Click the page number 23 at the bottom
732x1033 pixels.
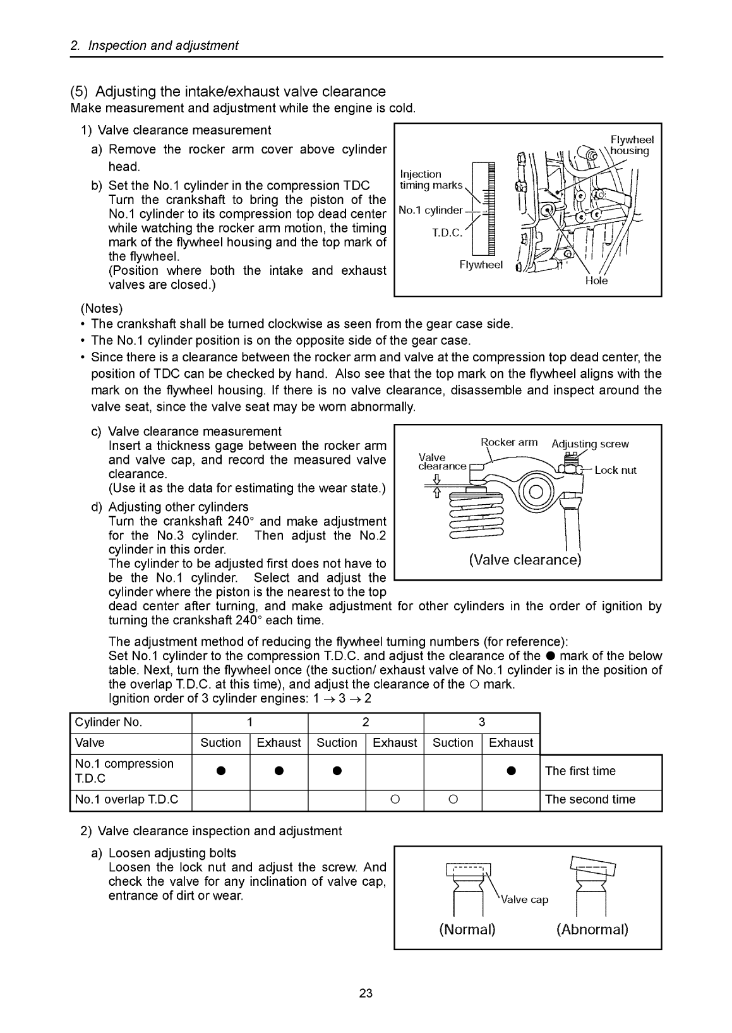(x=366, y=993)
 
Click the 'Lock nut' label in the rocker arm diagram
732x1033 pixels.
(x=615, y=470)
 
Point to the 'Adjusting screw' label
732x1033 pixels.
(x=590, y=444)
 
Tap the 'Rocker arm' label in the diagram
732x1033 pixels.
(x=509, y=442)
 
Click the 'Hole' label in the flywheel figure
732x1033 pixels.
(x=596, y=281)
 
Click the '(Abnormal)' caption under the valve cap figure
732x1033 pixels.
(x=592, y=929)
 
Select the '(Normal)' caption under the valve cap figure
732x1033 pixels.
(x=467, y=929)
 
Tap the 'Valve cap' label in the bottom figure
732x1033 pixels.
(x=524, y=900)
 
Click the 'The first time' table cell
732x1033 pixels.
(x=580, y=771)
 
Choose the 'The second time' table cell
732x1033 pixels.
(x=590, y=799)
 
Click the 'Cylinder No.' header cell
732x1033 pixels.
(x=109, y=722)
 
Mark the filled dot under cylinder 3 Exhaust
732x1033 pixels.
(x=510, y=771)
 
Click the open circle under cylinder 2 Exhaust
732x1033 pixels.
(x=395, y=800)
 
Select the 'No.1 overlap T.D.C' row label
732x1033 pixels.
(x=126, y=799)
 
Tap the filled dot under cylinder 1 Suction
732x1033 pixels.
(x=220, y=771)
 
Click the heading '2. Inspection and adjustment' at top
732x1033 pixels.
(x=154, y=45)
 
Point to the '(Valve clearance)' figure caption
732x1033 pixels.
(x=525, y=560)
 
